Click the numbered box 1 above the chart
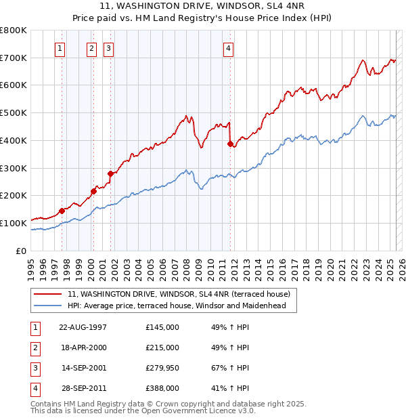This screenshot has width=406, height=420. (60, 48)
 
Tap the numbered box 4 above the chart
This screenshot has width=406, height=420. (229, 48)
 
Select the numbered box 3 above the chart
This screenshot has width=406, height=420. (108, 48)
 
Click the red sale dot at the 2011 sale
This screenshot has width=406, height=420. (231, 144)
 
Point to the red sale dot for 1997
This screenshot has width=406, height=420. (62, 211)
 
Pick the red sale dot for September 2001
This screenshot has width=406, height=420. (110, 173)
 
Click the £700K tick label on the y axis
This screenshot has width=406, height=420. (14, 58)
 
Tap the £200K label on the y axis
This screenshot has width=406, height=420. (14, 196)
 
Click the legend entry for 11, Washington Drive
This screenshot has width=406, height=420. (179, 294)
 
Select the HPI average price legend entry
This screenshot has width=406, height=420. (177, 306)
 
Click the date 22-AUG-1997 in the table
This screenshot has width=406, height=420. (83, 327)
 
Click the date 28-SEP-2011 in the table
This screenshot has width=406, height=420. (83, 388)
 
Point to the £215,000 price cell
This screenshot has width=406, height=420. (162, 348)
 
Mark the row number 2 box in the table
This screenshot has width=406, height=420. (34, 348)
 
